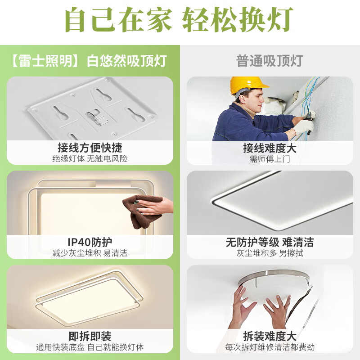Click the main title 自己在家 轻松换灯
[x=180, y=20]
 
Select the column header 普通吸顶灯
[x=270, y=61]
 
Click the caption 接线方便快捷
[x=90, y=148]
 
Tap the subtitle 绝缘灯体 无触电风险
[x=90, y=158]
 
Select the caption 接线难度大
[x=270, y=148]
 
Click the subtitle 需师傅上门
[x=270, y=158]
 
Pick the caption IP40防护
[x=90, y=243]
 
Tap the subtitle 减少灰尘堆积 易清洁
[x=90, y=253]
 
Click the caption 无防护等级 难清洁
[x=270, y=243]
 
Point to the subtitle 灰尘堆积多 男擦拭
[x=270, y=253]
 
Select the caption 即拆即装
[x=90, y=337]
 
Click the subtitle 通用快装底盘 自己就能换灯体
[x=90, y=347]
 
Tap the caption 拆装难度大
[x=270, y=337]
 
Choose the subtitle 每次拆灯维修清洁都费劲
[x=270, y=347]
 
